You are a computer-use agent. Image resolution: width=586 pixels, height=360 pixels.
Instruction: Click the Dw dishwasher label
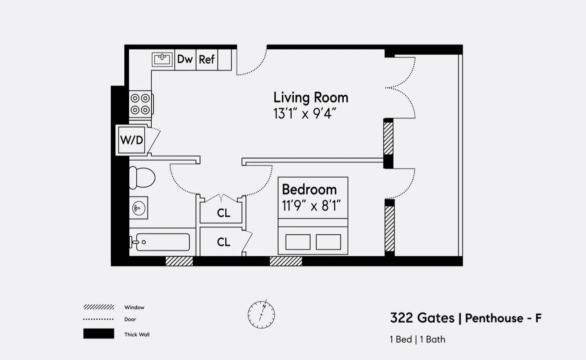185,59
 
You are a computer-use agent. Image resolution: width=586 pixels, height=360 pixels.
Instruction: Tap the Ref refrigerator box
207,59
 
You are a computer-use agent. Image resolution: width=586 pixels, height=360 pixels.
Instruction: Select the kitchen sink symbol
162,59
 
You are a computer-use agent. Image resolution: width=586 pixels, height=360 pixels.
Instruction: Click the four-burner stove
140,104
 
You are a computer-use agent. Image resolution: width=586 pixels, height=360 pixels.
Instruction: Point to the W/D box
131,140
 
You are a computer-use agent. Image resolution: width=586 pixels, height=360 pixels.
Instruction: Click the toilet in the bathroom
141,177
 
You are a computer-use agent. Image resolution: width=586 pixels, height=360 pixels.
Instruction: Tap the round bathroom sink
139,208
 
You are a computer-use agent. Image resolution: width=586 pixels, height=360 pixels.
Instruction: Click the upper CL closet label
223,213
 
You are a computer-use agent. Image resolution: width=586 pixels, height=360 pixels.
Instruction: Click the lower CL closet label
223,242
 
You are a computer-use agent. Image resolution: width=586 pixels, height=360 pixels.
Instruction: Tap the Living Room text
310,97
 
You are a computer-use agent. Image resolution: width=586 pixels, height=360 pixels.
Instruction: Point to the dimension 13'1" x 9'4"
305,114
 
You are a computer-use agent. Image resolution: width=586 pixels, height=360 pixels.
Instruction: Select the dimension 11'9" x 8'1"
312,206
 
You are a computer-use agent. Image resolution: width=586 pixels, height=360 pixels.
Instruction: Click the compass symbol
262,314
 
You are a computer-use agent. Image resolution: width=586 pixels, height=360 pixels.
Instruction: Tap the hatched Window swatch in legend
98,307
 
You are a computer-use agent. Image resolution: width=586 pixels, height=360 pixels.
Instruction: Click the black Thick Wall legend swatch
98,334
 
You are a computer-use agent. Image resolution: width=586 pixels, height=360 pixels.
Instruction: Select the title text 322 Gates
422,318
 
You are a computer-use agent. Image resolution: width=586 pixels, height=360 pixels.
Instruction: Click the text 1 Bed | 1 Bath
417,339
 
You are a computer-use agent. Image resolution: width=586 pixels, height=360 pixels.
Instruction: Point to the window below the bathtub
179,261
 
